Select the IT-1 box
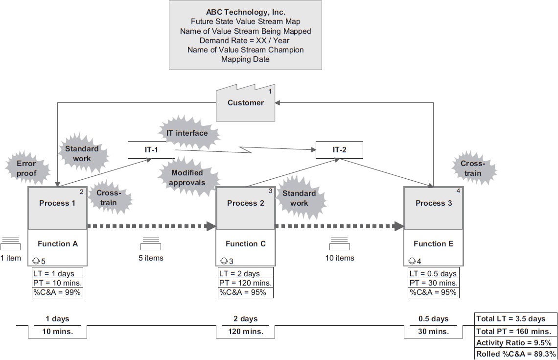click(x=151, y=150)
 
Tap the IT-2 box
click(x=339, y=150)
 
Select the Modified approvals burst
click(x=186, y=178)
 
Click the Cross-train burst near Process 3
click(x=472, y=169)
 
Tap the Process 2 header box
click(x=245, y=203)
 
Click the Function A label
click(x=58, y=243)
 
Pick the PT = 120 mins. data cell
click(x=245, y=283)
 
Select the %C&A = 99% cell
click(x=57, y=292)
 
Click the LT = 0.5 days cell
click(x=433, y=273)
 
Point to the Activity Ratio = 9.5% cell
click(x=515, y=342)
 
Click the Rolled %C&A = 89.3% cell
click(x=515, y=354)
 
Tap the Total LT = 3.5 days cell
click(x=515, y=319)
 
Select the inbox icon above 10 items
click(x=339, y=243)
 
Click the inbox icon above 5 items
click(x=151, y=243)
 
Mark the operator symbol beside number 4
click(x=412, y=260)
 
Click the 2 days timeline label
click(x=245, y=319)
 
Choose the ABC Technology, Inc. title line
click(x=245, y=12)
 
